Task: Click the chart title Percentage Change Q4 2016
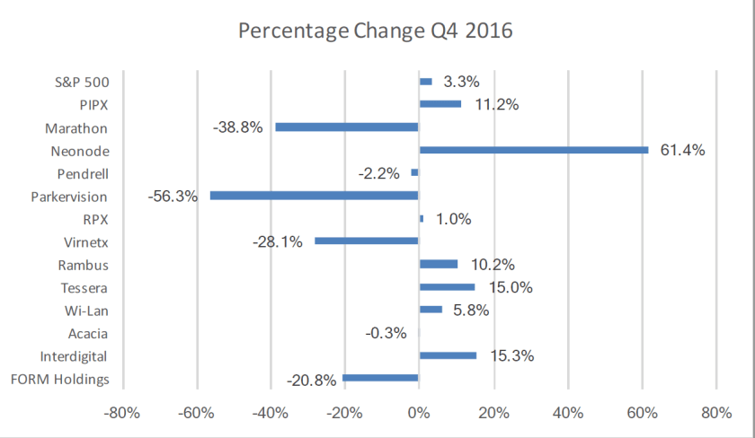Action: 375,31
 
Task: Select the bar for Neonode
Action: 533,150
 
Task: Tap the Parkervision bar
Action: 314,196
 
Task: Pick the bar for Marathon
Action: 346,127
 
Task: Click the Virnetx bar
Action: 366,241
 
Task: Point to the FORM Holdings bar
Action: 380,378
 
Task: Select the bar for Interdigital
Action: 448,355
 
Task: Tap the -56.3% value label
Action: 173,196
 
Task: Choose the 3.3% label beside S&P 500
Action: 461,82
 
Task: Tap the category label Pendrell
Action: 82,173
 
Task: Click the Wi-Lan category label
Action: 86,310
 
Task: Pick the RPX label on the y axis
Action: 95,218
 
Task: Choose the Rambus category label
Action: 84,264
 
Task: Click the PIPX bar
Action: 440,104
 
